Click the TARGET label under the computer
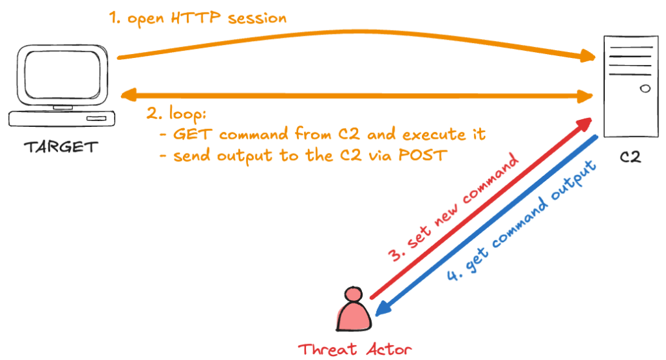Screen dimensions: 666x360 coord(61,147)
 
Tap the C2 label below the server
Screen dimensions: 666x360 coord(630,157)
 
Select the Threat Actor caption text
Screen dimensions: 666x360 coord(355,350)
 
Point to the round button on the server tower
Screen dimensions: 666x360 coord(645,89)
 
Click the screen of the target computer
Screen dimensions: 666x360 coord(63,74)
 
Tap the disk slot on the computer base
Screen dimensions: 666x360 coord(96,118)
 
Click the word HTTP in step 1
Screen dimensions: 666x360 coord(196,18)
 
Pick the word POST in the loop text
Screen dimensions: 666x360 coord(423,156)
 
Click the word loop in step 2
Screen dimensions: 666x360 coord(187,114)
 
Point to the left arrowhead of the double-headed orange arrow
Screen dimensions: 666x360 coord(129,94)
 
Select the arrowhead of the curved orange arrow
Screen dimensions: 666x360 coord(587,55)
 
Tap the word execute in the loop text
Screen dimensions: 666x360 coord(434,135)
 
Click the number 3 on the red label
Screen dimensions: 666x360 coord(395,255)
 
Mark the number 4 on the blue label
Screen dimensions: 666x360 coord(452,275)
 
